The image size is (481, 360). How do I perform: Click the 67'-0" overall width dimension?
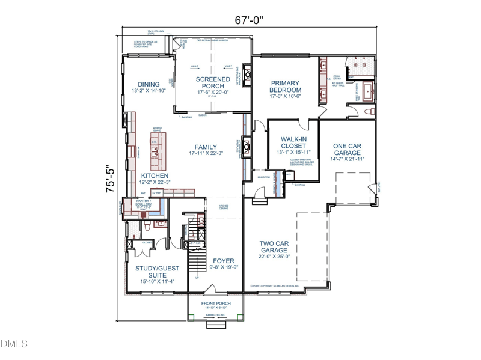(x=248, y=20)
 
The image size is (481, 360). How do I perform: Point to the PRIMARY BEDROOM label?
(x=285, y=87)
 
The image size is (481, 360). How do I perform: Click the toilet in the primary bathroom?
(x=369, y=112)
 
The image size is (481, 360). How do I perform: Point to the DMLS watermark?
(x=14, y=344)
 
